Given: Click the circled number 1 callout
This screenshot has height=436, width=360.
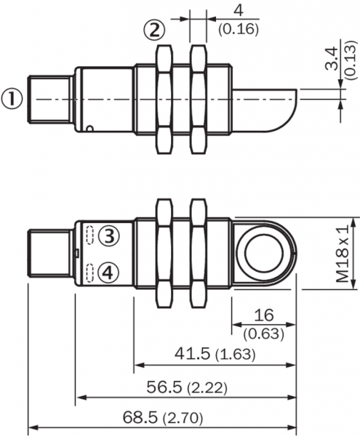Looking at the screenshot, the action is (12, 99).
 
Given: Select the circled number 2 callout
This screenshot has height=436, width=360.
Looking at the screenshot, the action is (154, 30).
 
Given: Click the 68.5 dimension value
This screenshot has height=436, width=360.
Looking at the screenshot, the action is (140, 417).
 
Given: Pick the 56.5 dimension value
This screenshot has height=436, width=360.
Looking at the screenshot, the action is (164, 387).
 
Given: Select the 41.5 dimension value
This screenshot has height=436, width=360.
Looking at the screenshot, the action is (192, 353).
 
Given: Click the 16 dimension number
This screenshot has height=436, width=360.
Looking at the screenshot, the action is (264, 315).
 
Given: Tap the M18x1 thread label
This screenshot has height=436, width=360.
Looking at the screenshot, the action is (343, 254).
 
